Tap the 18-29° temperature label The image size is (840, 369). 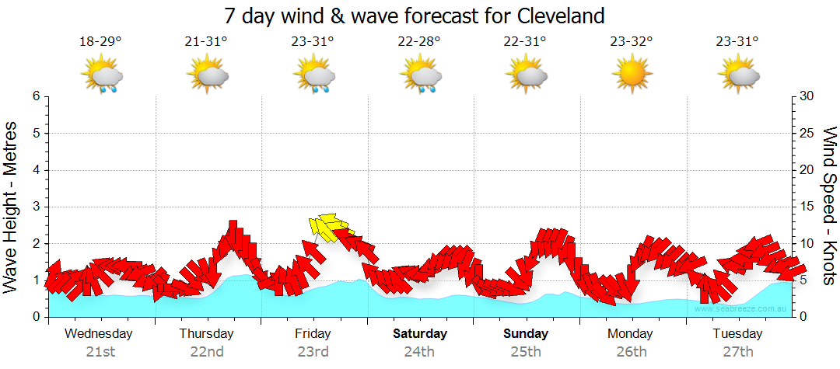pyautogui.click(x=100, y=41)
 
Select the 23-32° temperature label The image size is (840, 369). pyautogui.click(x=631, y=41)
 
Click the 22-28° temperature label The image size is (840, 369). pyautogui.click(x=418, y=41)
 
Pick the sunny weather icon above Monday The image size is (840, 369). pyautogui.click(x=631, y=75)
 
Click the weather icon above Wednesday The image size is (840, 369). pyautogui.click(x=101, y=76)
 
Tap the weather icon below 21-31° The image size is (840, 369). pyautogui.click(x=207, y=76)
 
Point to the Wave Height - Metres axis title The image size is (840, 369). pyautogui.click(x=11, y=207)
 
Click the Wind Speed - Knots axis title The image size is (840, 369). pyautogui.click(x=829, y=207)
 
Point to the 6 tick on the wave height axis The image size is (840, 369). pyautogui.click(x=36, y=96)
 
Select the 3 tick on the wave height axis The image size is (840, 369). pyautogui.click(x=36, y=207)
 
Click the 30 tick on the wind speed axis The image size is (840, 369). pyautogui.click(x=807, y=96)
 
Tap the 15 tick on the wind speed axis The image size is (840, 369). pyautogui.click(x=807, y=207)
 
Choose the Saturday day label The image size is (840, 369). pyautogui.click(x=419, y=334)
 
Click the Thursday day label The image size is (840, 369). pyautogui.click(x=206, y=334)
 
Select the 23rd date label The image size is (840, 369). pyautogui.click(x=313, y=351)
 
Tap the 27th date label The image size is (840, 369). pyautogui.click(x=737, y=351)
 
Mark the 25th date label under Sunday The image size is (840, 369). pyautogui.click(x=526, y=351)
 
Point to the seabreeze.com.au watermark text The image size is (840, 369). pyautogui.click(x=741, y=308)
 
